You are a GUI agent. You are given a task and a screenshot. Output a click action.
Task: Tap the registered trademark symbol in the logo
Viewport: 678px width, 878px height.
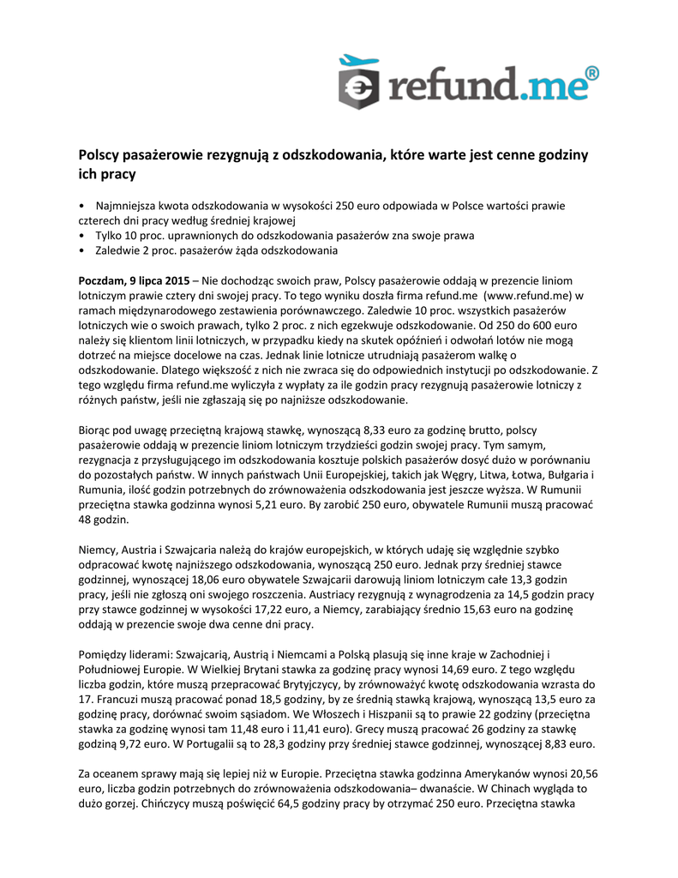[x=591, y=74]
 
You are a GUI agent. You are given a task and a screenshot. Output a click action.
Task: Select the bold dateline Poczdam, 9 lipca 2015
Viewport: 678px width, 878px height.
[x=134, y=280]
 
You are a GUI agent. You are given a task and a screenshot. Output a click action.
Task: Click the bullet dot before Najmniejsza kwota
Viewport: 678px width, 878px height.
[x=81, y=206]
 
